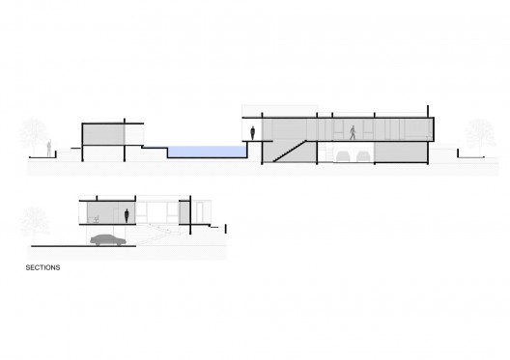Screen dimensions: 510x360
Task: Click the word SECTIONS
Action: coord(42,267)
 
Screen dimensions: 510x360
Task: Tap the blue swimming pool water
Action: coord(207,152)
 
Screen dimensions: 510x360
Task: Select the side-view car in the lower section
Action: coord(108,240)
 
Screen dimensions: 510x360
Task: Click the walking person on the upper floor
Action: coord(353,132)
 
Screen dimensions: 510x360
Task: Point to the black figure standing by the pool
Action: coord(252,133)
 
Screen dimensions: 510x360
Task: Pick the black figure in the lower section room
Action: coord(127,216)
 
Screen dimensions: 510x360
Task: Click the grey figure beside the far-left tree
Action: coord(49,149)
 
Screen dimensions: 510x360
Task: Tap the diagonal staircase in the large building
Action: coord(290,152)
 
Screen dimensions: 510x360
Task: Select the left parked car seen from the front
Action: coord(343,156)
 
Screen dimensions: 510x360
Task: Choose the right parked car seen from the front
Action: coord(363,156)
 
